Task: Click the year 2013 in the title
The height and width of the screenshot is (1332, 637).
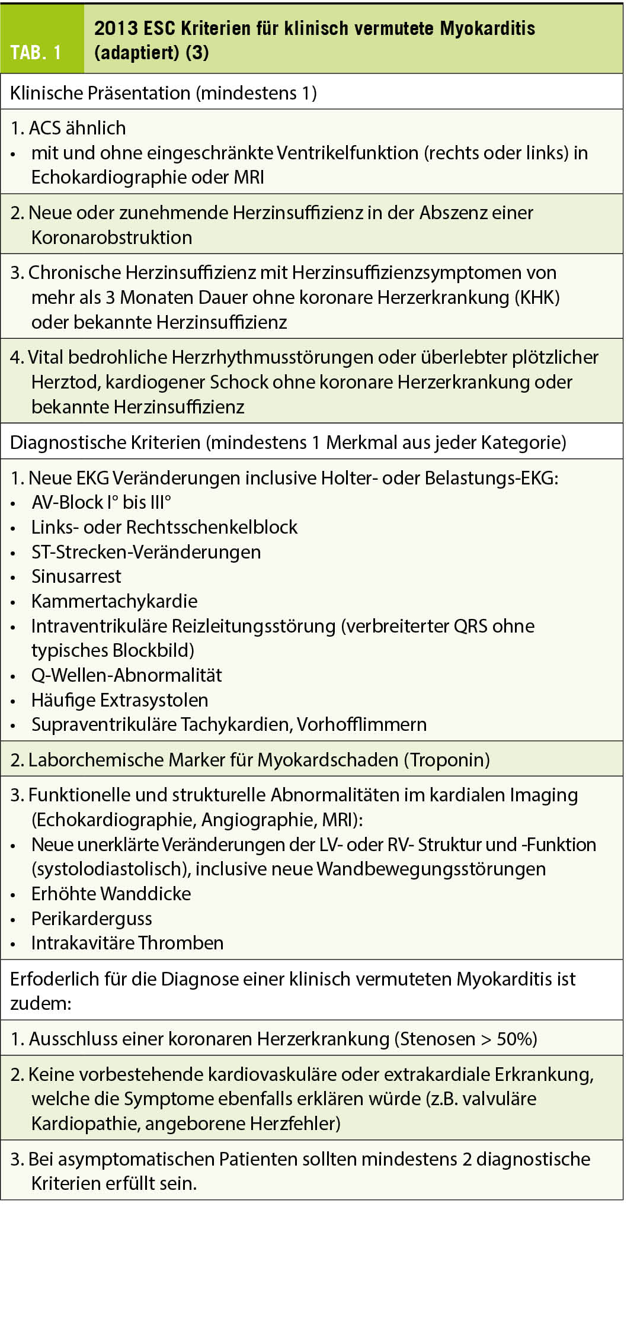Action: click(116, 28)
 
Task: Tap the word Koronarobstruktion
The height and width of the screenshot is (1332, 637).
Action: click(111, 237)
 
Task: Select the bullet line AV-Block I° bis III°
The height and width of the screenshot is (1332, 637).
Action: click(101, 502)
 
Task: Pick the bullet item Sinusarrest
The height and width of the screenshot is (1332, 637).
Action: click(76, 576)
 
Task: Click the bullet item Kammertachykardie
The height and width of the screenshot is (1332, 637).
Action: click(114, 601)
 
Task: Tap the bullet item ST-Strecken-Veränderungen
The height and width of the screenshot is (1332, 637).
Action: click(146, 552)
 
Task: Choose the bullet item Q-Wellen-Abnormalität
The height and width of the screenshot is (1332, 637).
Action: click(126, 675)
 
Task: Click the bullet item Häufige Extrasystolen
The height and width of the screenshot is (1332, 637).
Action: click(120, 700)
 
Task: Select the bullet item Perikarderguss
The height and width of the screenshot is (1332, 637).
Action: click(92, 919)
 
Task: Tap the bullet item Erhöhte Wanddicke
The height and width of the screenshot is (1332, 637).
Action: click(111, 894)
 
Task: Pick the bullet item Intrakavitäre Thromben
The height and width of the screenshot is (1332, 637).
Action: click(127, 943)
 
